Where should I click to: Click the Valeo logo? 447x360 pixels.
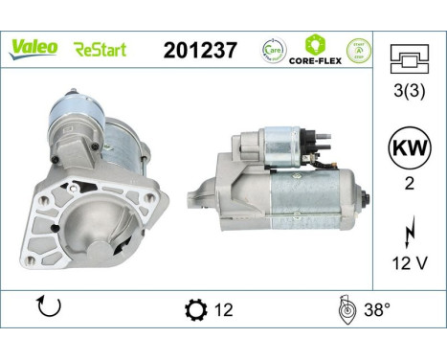(x=34, y=49)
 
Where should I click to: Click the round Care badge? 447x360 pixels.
(x=272, y=49)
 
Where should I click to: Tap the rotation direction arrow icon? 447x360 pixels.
(x=47, y=308)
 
